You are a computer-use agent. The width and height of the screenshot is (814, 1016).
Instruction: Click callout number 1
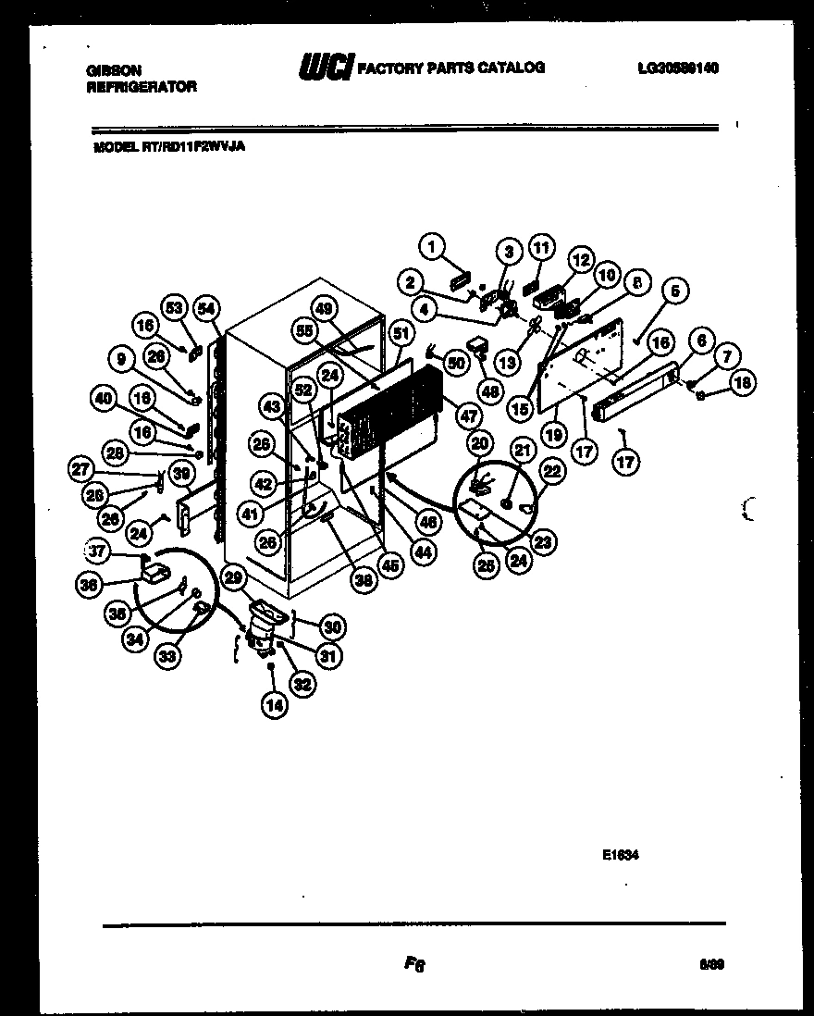(x=431, y=245)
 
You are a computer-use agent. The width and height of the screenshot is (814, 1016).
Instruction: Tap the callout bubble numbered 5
(x=675, y=291)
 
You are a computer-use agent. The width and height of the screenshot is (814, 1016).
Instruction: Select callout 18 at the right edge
(x=743, y=381)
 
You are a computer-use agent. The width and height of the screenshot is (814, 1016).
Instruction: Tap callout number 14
(x=275, y=703)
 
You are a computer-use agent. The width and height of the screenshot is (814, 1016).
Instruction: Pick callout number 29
(x=234, y=578)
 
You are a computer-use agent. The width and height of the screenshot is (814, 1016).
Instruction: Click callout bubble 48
(x=490, y=391)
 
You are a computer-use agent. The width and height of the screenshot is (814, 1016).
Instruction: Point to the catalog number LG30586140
(x=678, y=68)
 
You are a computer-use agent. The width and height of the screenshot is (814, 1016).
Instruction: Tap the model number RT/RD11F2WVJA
(x=169, y=145)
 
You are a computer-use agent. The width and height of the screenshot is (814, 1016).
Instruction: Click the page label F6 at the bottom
(x=413, y=965)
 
